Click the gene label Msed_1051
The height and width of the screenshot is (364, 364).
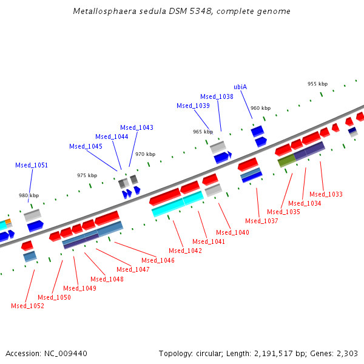click(32, 165)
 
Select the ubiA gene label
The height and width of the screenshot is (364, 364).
click(240, 87)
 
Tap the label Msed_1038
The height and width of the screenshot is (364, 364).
click(217, 96)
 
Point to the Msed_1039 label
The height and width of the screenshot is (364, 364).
click(193, 106)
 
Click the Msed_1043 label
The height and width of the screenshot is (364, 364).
click(136, 127)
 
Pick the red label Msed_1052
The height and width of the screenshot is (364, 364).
click(27, 306)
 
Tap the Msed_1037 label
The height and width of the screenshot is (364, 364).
click(261, 221)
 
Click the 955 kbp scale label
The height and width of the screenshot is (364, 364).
click(317, 84)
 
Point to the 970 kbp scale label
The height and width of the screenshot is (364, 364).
click(145, 154)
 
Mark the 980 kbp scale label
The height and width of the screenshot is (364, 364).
click(29, 195)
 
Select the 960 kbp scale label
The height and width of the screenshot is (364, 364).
click(260, 108)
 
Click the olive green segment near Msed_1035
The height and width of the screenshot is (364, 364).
click(286, 161)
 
